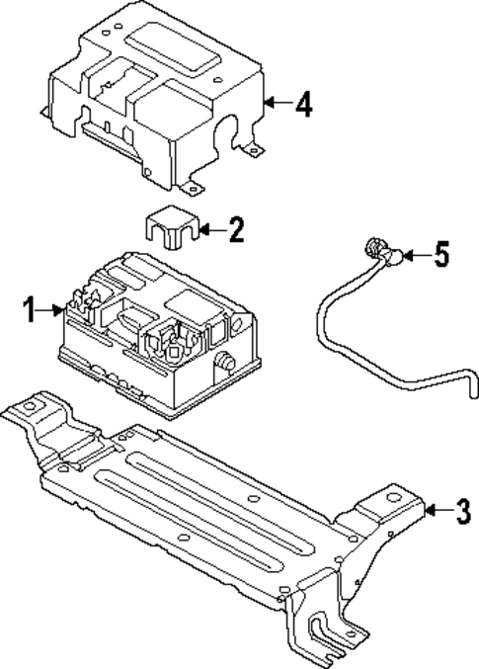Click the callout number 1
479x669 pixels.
(x=30, y=311)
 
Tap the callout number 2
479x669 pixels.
(x=234, y=231)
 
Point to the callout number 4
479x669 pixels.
(x=304, y=105)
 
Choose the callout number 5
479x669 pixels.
(x=440, y=256)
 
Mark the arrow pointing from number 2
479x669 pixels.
(x=209, y=231)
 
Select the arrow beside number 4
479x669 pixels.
(x=279, y=104)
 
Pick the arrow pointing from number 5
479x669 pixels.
(x=414, y=256)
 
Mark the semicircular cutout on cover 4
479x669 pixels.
(x=237, y=130)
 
